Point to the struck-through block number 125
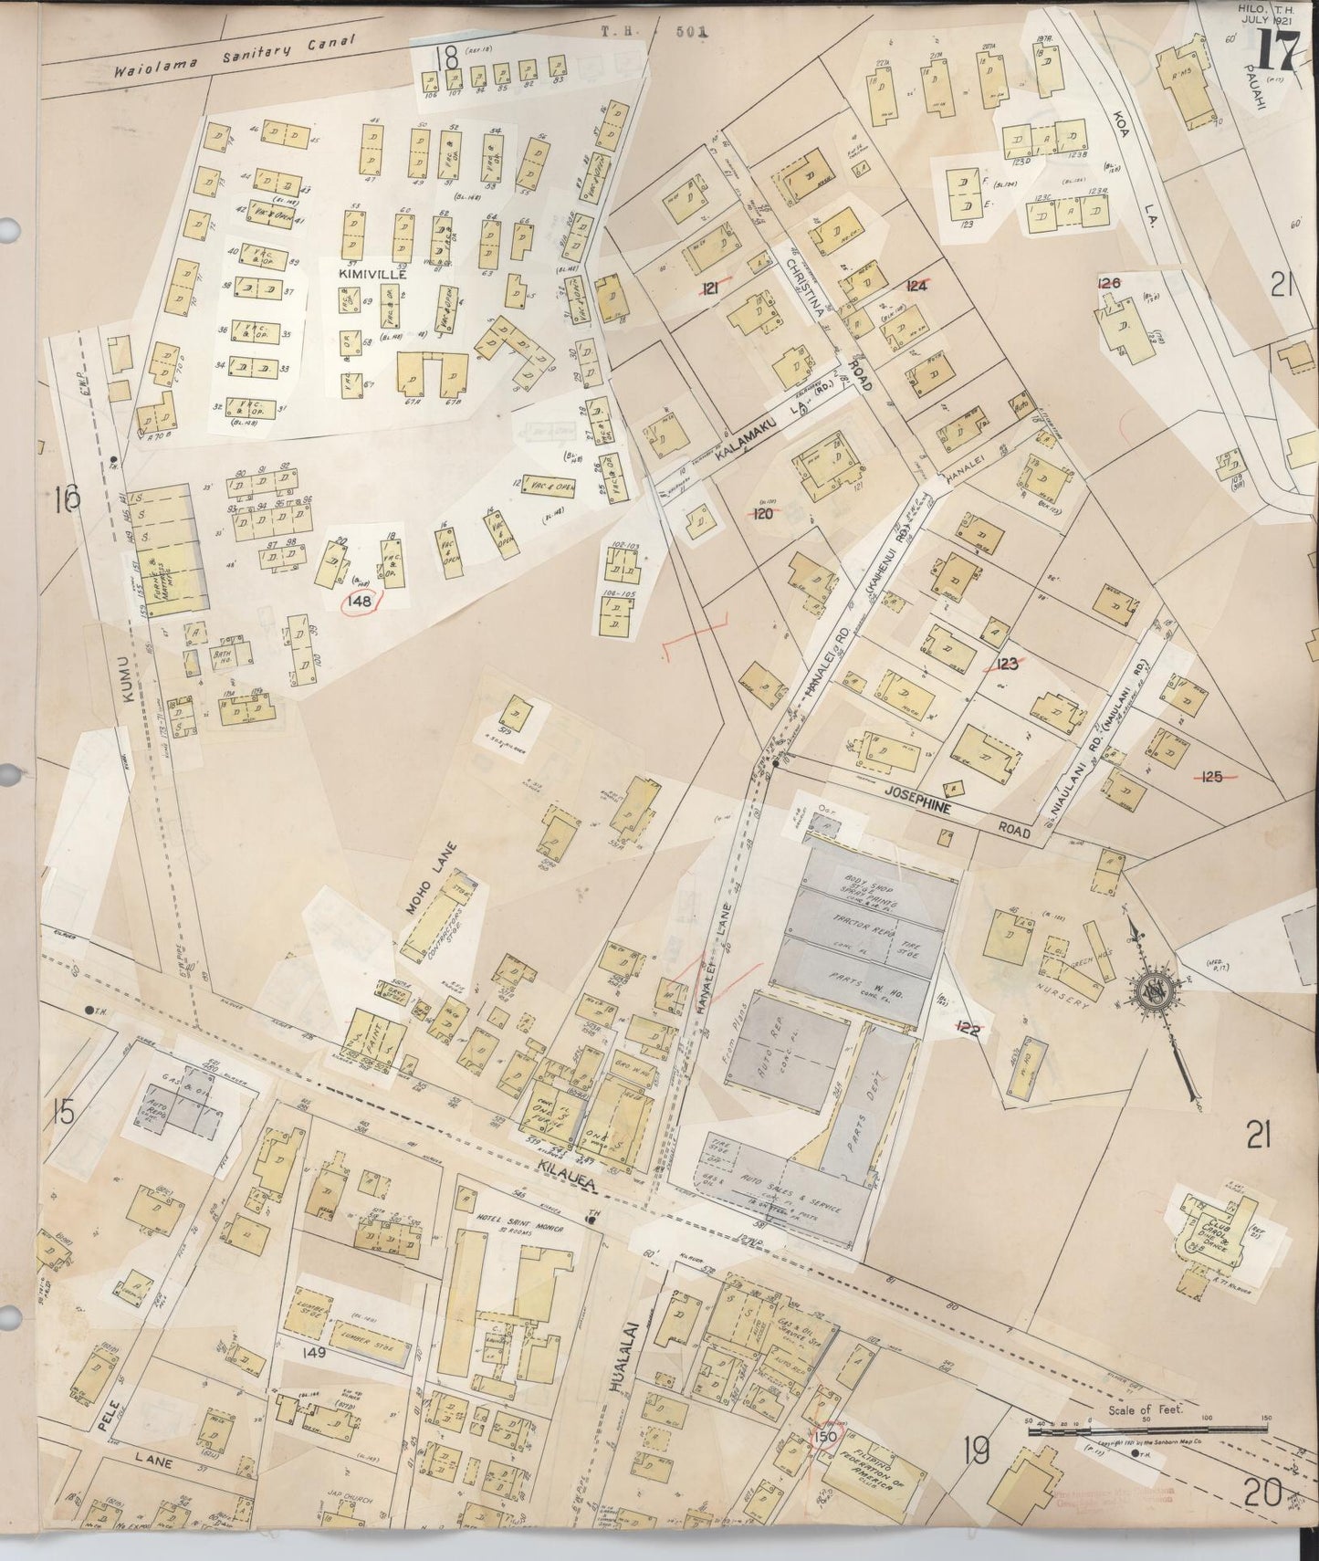click(1213, 777)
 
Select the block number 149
click(316, 1355)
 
